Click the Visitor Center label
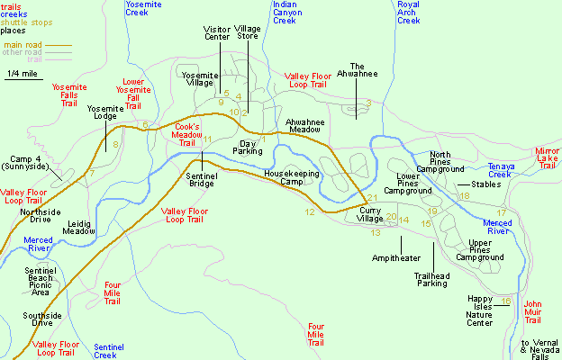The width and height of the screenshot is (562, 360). click(217, 33)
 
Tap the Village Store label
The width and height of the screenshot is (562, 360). click(247, 33)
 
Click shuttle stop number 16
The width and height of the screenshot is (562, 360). click(505, 301)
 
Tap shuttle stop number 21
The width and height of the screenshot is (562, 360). click(371, 198)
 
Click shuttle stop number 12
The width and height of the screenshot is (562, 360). click(309, 212)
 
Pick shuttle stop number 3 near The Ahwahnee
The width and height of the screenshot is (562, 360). click(368, 103)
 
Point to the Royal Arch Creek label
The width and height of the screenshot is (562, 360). click(408, 14)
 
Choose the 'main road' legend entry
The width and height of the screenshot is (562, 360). click(24, 43)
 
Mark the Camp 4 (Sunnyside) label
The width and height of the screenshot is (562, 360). click(29, 162)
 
